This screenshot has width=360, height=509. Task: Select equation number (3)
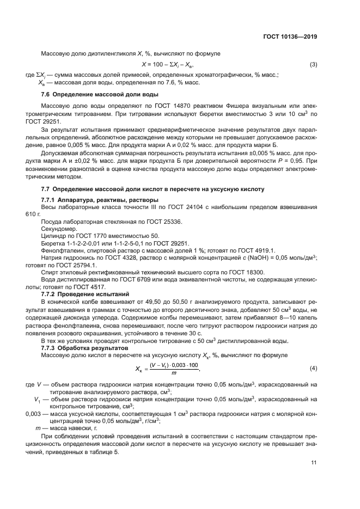point(313,65)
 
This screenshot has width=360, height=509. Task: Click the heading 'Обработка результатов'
point(87,347)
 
